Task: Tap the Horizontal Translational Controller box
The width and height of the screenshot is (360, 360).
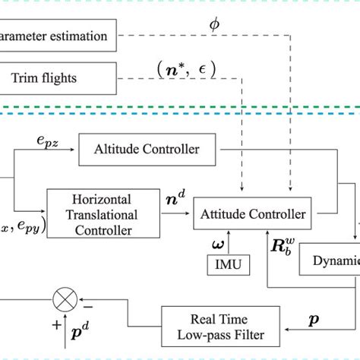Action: pyautogui.click(x=93, y=215)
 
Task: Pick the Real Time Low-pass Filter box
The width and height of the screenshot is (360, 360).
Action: pyautogui.click(x=223, y=322)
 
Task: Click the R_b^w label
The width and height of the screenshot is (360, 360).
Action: pyautogui.click(x=285, y=247)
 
